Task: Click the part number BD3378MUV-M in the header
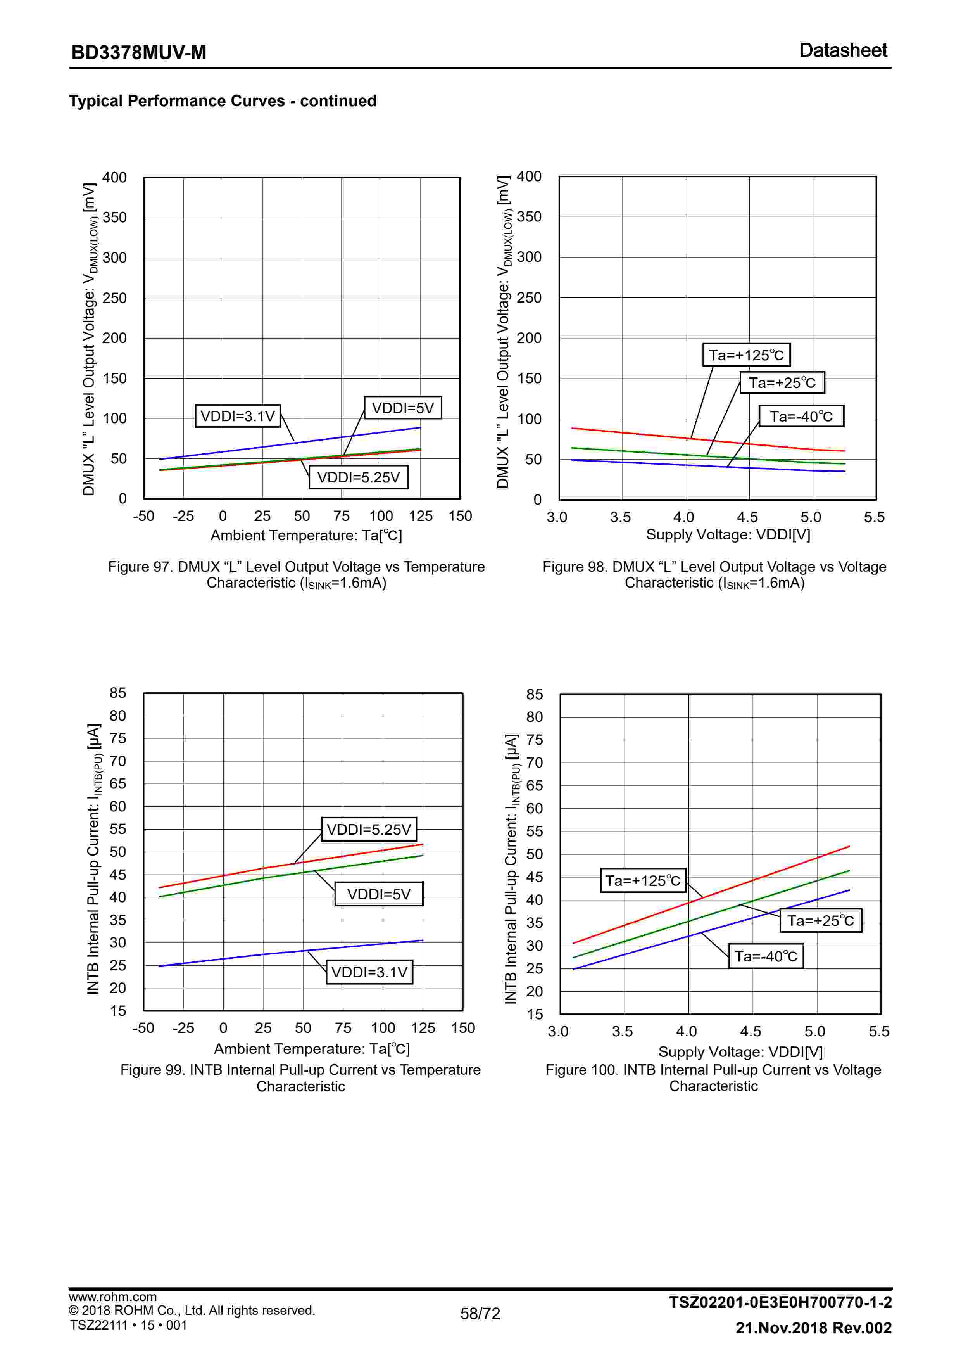pyautogui.click(x=138, y=53)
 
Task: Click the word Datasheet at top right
pyautogui.click(x=843, y=50)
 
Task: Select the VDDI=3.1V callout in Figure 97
pyautogui.click(x=237, y=416)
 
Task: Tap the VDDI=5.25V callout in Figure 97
pyautogui.click(x=359, y=477)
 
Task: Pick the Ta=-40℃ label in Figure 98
pyautogui.click(x=801, y=416)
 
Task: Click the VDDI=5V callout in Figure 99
pyautogui.click(x=379, y=894)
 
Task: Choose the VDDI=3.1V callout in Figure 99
pyautogui.click(x=369, y=972)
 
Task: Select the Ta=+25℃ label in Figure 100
pyautogui.click(x=821, y=920)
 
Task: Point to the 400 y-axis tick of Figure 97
pyautogui.click(x=114, y=178)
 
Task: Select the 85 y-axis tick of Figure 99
pyautogui.click(x=118, y=693)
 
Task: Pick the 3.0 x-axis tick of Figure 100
pyautogui.click(x=558, y=1032)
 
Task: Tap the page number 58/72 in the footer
pyautogui.click(x=480, y=1313)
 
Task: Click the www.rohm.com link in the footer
pyautogui.click(x=112, y=1296)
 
